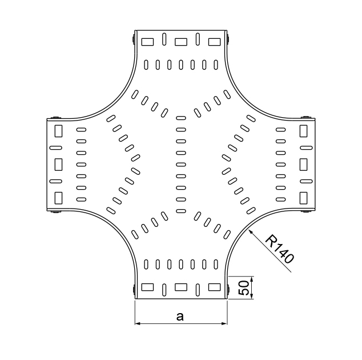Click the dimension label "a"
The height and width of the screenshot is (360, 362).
click(180, 316)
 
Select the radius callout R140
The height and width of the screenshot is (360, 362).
click(280, 249)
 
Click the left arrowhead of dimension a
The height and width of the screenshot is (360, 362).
click(138, 325)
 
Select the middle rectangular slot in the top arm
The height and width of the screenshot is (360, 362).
click(181, 42)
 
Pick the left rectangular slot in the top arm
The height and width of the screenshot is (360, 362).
click(147, 42)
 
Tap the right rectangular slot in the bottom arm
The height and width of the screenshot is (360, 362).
click(214, 287)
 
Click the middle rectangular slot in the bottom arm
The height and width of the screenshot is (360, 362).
click(181, 287)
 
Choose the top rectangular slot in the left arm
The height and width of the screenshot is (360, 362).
click(58, 131)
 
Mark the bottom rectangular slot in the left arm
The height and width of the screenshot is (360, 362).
click(58, 198)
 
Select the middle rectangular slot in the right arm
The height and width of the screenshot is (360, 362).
click(304, 164)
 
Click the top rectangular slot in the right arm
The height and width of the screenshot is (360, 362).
click(304, 131)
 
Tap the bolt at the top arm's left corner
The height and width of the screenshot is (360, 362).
click(134, 40)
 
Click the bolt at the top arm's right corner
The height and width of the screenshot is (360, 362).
click(228, 40)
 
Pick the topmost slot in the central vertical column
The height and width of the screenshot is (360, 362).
click(181, 118)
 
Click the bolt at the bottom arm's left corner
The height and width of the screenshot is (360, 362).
click(134, 289)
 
